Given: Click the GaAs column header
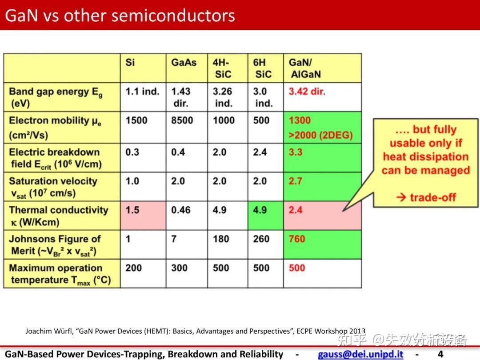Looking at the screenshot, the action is coord(184,63).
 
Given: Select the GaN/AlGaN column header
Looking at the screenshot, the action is coord(305,68).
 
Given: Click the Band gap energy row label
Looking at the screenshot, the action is coord(56,97).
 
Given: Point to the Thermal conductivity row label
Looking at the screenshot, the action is coord(59,216).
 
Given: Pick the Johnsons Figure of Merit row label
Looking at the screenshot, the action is coord(55,245).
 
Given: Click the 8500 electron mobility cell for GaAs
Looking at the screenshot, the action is coord(182,120).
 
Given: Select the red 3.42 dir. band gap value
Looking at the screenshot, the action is coord(307,91).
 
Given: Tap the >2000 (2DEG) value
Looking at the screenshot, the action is coord(320,135).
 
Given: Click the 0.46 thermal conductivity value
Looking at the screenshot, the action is coord(180,210).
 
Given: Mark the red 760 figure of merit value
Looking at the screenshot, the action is coord(296,239).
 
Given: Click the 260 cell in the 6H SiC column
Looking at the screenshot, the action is coord(261,239).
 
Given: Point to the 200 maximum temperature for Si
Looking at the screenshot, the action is coord(133,268).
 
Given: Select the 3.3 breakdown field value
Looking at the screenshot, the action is coord(296,152).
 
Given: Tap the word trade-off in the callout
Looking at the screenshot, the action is coord(433,197).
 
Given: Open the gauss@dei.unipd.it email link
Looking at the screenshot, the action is coord(360,354).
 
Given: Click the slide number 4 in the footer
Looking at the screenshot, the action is coord(440,354).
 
